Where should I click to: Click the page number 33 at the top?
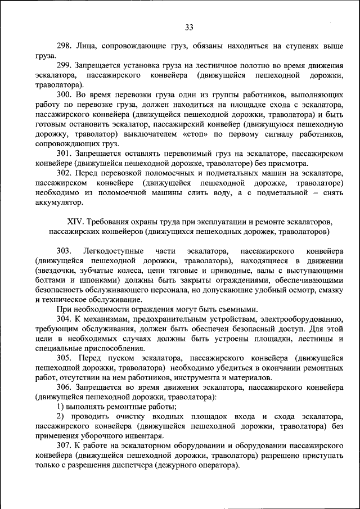189,27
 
